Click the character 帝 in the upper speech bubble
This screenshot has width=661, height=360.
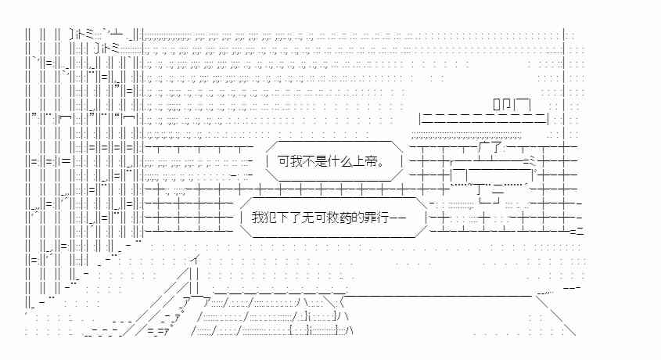click(x=370, y=161)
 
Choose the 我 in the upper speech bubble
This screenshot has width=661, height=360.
click(x=296, y=161)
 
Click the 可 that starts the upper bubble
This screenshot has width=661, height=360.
click(x=284, y=161)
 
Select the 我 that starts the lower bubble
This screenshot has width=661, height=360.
click(x=258, y=218)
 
